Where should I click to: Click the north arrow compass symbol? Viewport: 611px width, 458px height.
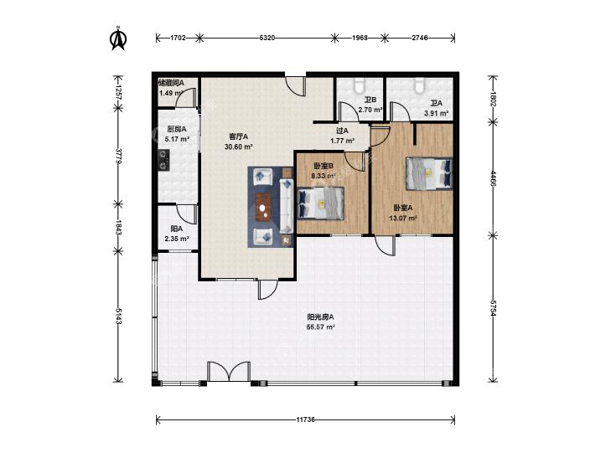pos(118,39)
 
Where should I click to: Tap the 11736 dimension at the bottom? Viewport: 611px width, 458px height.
pos(305,419)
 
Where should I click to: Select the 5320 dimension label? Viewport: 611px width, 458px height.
pos(267,38)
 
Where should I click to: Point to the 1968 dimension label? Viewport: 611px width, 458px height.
pos(360,38)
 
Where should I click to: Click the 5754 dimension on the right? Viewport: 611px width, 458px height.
pos(493,308)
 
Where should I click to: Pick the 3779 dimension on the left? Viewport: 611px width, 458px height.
pos(118,156)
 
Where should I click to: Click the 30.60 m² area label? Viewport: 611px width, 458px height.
pos(239,147)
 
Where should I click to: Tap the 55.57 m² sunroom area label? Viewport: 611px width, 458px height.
pos(321,327)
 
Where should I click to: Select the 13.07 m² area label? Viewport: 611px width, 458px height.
pos(403,218)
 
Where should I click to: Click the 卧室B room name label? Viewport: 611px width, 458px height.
pos(324,166)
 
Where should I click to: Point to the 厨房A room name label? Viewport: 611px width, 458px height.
pos(177,129)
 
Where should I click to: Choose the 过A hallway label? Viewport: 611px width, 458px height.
pos(342,131)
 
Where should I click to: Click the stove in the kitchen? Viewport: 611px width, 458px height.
pos(163,160)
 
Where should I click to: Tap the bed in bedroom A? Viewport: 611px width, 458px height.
pos(429,173)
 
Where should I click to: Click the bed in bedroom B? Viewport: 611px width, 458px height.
pos(320,203)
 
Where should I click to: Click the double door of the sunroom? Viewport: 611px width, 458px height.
pos(229,372)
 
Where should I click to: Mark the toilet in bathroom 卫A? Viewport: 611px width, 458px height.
pos(419,85)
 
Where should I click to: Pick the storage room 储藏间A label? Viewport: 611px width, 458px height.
pos(171,83)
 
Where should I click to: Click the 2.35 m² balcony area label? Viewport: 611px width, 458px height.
pos(177,239)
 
